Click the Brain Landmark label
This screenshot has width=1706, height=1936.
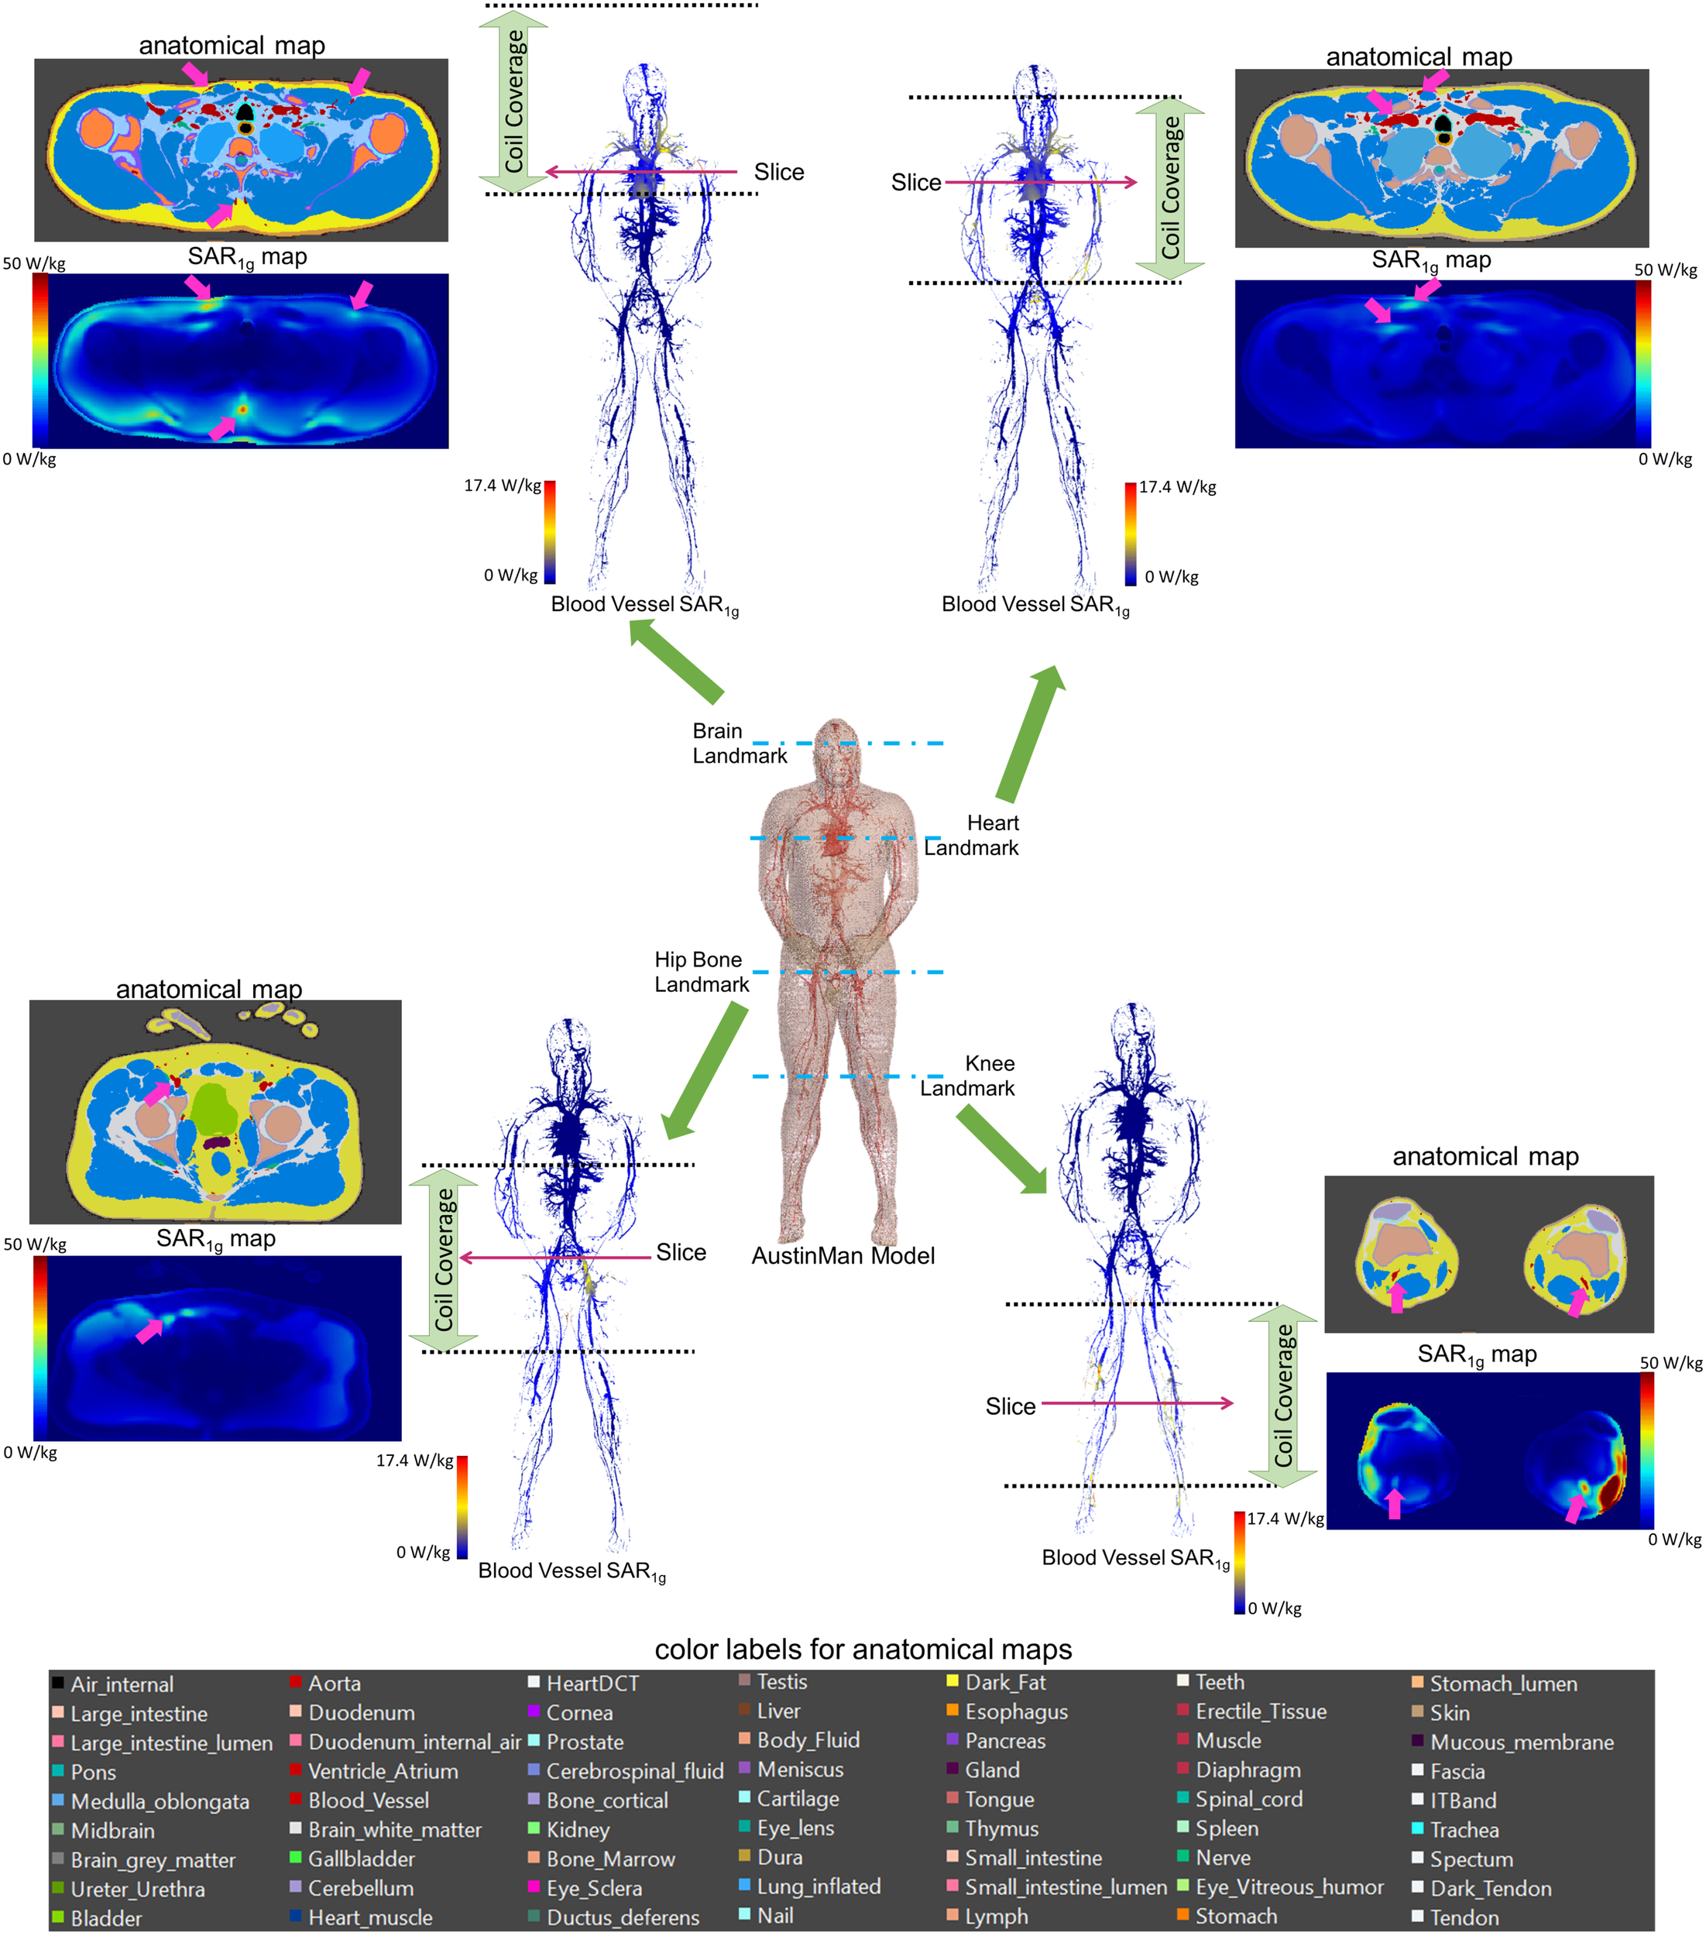(x=739, y=743)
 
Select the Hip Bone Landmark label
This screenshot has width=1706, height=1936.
(x=701, y=972)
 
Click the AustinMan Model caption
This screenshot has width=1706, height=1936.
(x=843, y=1255)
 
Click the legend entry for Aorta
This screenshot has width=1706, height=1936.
(x=334, y=1683)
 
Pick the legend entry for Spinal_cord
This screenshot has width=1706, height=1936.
(x=1248, y=1799)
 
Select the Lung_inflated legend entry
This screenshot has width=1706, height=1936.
(x=819, y=1886)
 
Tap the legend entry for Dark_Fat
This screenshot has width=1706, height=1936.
(x=1005, y=1682)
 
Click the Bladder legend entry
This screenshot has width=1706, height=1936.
(x=106, y=1918)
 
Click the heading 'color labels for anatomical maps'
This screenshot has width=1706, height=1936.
(x=863, y=1649)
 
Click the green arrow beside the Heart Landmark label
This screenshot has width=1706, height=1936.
(x=1031, y=734)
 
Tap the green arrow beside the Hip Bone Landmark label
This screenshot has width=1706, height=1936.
(x=705, y=1070)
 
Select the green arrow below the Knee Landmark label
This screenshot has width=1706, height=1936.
(x=1001, y=1149)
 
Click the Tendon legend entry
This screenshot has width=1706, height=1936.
(x=1464, y=1918)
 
